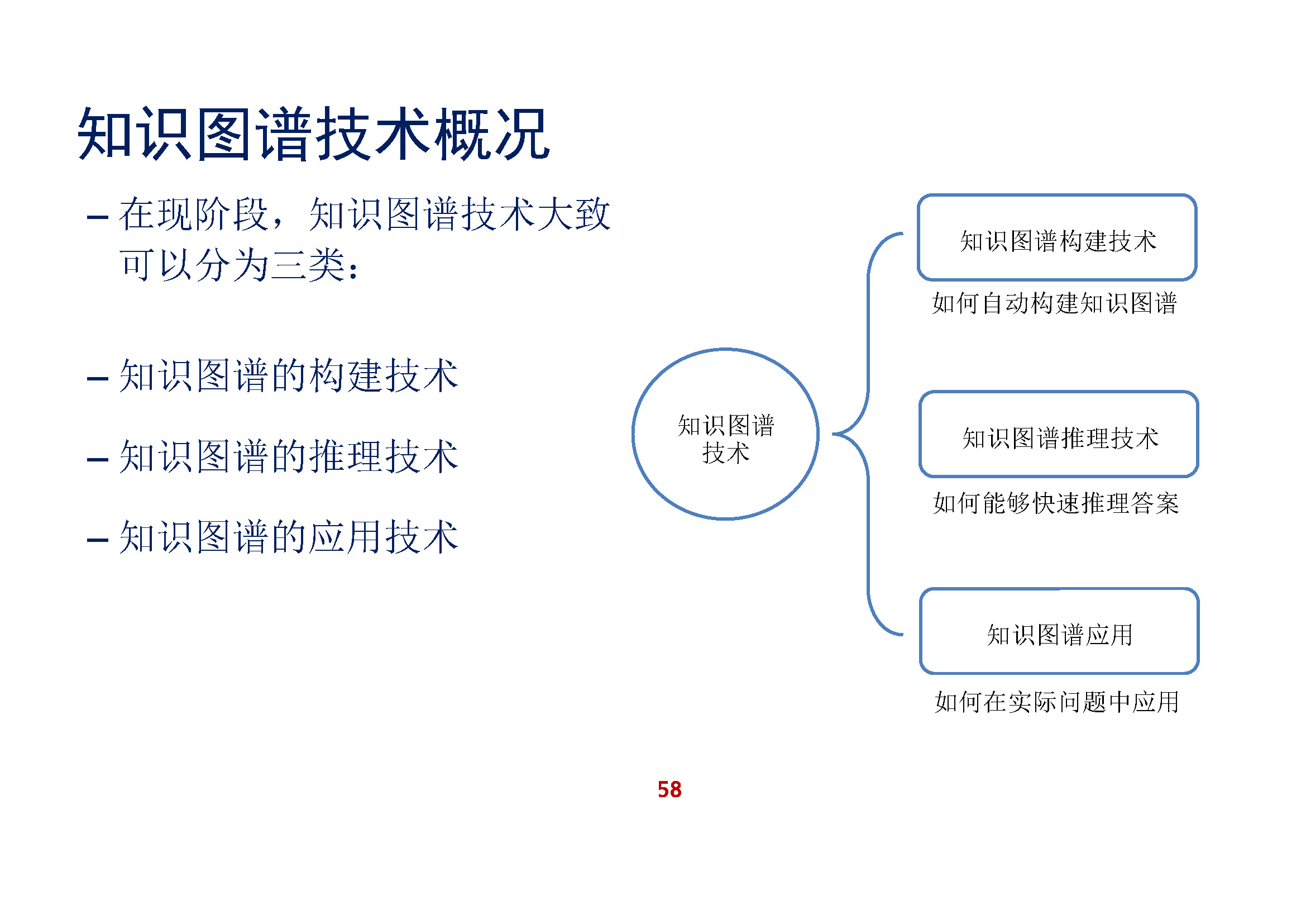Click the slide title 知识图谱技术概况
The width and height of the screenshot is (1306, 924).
(314, 134)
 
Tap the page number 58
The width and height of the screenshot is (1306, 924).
(669, 790)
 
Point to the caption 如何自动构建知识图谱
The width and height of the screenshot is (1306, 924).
(1054, 303)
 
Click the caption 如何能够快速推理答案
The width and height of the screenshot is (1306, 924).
(1056, 503)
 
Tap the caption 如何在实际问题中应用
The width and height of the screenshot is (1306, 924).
(1057, 702)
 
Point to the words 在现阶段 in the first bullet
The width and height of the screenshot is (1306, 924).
(193, 215)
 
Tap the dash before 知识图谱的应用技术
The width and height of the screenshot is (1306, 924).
(97, 540)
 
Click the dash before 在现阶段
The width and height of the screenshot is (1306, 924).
(97, 217)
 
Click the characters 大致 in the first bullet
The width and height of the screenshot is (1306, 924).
(573, 215)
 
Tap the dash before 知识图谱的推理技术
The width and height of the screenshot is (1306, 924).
(97, 459)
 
